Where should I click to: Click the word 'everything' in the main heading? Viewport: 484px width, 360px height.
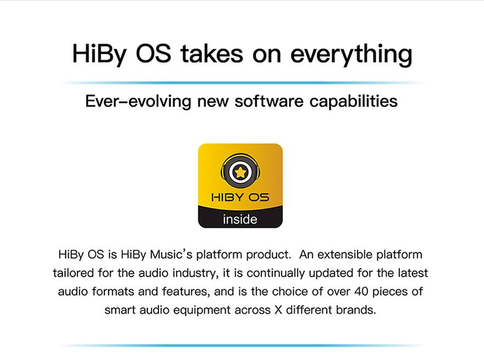coord(351,55)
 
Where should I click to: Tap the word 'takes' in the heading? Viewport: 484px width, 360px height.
coord(212,54)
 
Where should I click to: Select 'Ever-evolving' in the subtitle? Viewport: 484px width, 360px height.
coord(138,101)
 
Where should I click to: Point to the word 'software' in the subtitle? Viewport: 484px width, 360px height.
coord(269,101)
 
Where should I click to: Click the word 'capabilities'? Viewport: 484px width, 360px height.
coord(354,102)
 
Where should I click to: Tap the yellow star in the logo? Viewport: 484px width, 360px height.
coord(240,172)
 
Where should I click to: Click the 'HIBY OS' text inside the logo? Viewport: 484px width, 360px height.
coord(240,197)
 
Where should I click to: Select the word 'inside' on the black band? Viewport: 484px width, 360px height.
coord(240,219)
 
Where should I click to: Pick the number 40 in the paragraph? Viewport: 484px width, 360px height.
coord(361,291)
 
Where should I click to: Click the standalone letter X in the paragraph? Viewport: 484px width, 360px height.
coord(278,310)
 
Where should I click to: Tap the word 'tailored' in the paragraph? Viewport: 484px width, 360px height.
coord(73,273)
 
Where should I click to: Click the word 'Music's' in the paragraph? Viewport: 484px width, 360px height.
coord(171,254)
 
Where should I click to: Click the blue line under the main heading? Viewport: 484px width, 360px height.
coord(242,83)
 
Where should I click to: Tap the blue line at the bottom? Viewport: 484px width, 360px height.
coord(242,346)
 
